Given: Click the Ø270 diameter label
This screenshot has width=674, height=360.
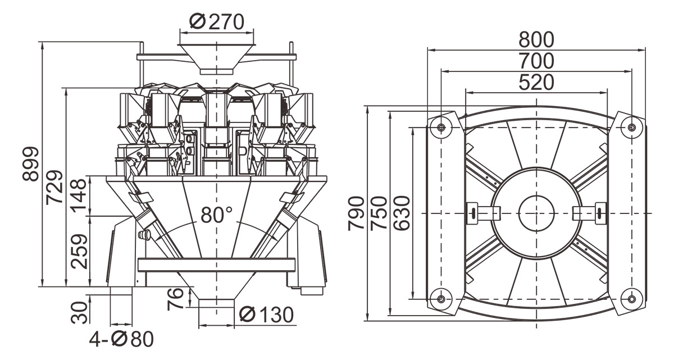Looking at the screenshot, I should pos(217,22).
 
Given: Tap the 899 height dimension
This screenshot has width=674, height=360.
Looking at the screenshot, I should pos(30,164).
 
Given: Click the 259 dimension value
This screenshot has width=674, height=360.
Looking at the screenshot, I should pos(79,251).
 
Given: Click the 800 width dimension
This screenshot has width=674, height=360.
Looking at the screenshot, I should pos(536,39).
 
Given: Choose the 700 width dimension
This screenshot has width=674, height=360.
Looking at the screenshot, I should pos(536,60).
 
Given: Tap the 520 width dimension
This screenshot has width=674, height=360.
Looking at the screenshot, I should pos(536,82).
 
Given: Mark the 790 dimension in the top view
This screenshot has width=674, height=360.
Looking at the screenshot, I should pos(356,213).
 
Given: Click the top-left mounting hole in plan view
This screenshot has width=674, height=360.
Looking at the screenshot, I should pos(441,127).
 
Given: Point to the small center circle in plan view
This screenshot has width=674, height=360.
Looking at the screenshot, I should pos(536,213).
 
